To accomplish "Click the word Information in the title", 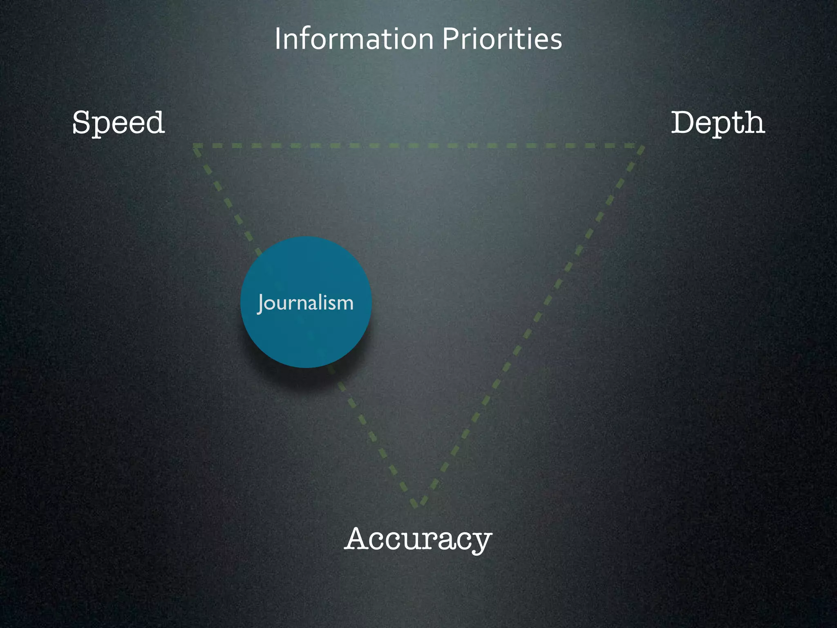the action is tap(354, 39).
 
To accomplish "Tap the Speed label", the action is tap(119, 122).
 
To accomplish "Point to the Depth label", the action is tap(718, 122).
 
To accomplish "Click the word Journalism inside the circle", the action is tap(306, 303).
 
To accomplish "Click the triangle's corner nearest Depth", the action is tap(642, 146).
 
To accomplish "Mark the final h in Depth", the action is tap(754, 122).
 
